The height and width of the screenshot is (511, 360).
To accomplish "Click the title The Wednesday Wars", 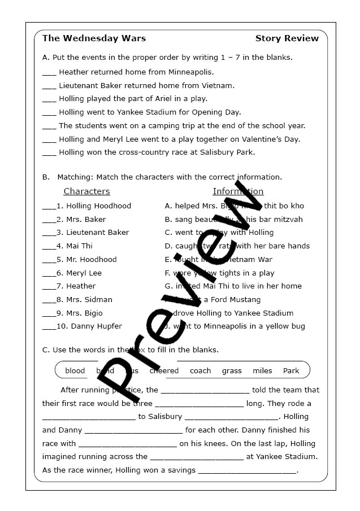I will click(x=94, y=38).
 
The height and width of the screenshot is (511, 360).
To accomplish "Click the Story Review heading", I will click(x=287, y=38).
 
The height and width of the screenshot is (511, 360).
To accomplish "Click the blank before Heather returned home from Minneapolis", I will click(x=49, y=73).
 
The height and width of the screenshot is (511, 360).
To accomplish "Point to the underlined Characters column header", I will click(x=86, y=191).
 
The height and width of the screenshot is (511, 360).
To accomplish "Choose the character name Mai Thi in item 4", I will click(x=79, y=246).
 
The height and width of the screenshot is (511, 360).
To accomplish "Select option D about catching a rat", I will click(x=237, y=246).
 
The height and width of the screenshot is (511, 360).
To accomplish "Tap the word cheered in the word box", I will click(x=164, y=371).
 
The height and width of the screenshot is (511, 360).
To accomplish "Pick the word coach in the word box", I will click(x=200, y=371).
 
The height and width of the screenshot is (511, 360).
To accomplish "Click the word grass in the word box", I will click(x=232, y=371).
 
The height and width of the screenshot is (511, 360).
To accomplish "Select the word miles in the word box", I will click(x=262, y=371).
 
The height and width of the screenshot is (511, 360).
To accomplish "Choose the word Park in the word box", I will click(x=291, y=371).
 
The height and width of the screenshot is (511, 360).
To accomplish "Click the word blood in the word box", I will click(x=75, y=371).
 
